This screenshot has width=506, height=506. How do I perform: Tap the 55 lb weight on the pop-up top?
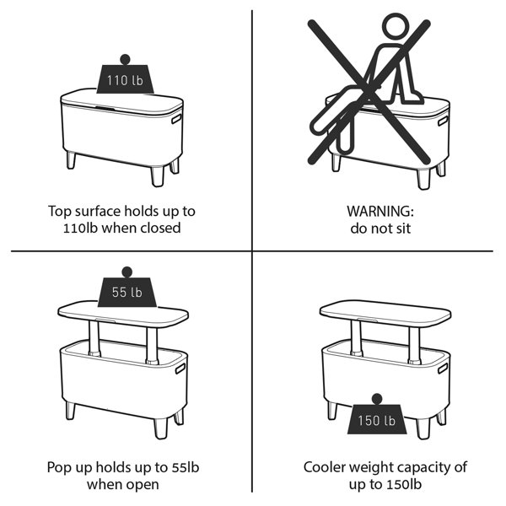(127, 288)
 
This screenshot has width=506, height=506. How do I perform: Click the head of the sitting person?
(396, 26)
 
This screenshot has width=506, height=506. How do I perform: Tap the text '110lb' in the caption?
(80, 229)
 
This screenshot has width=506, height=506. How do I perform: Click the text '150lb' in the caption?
(403, 484)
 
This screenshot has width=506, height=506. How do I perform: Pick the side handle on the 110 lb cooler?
(176, 118)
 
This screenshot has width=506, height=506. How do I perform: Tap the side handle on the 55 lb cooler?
(180, 369)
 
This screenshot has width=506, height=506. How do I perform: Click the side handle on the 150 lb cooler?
(443, 368)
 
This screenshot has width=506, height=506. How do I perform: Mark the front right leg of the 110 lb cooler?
(158, 176)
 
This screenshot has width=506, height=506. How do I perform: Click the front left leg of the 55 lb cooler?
(71, 411)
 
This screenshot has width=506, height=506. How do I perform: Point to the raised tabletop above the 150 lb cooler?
(385, 313)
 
